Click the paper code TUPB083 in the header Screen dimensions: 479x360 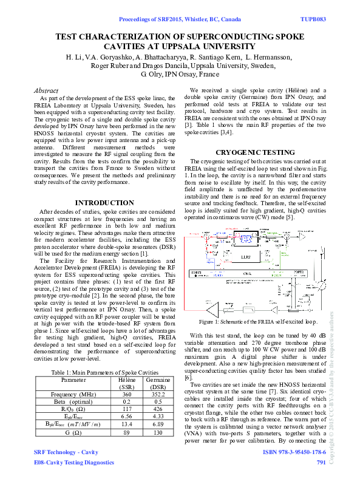(313, 19)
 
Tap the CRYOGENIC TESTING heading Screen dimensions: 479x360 (256, 152)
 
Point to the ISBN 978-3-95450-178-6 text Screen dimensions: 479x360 (294, 452)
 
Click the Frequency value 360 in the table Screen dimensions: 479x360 (126, 393)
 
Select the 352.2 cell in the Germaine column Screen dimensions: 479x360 (157, 393)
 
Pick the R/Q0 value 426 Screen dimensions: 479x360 (157, 409)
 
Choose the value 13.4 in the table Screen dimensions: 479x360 (126, 424)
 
